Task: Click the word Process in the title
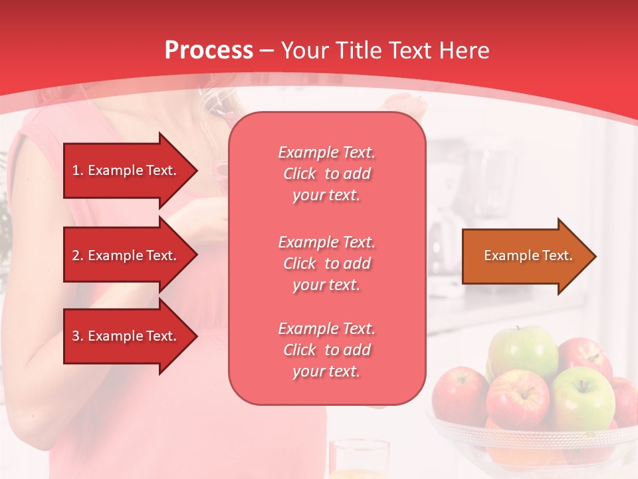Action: [209, 51]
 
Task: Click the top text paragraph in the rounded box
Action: [326, 174]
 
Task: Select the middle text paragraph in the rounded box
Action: [326, 263]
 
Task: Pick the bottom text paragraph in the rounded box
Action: [326, 350]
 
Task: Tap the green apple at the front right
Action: [582, 398]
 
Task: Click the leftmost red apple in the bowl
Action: [459, 396]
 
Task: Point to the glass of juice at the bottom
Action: [359, 460]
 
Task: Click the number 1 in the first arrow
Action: [76, 170]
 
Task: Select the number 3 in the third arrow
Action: [76, 336]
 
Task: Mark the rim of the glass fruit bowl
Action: [532, 432]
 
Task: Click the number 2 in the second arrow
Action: [76, 255]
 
